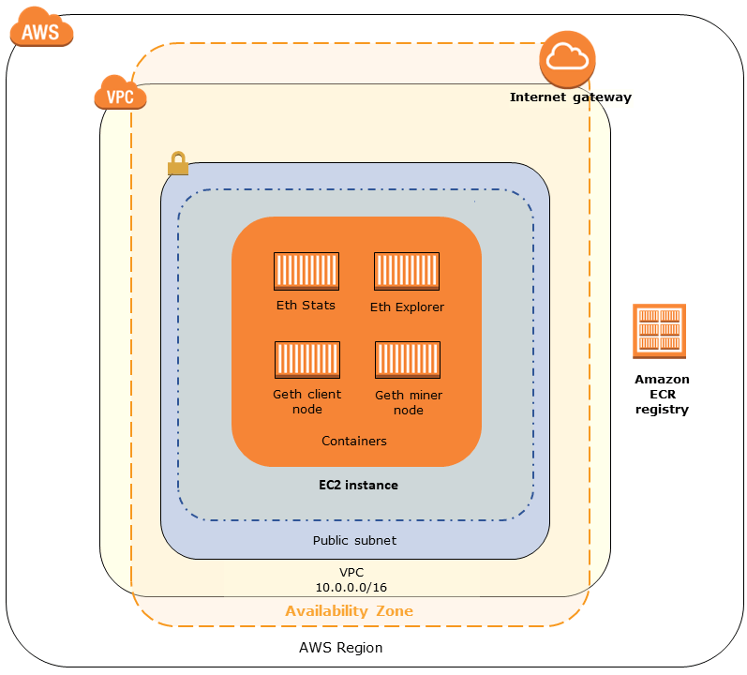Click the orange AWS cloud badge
pos(41,30)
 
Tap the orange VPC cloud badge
pos(114,93)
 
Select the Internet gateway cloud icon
pos(568,59)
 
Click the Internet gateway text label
pos(570,97)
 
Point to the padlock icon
pos(177,164)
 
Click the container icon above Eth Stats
pos(306,271)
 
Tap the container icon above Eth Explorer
pos(407,271)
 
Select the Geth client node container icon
pos(306,360)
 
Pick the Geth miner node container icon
pos(408,360)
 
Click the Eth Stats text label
pos(306,306)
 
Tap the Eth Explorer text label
pos(407,307)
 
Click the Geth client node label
pos(306,401)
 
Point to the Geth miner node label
pos(408,402)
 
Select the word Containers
pos(354,441)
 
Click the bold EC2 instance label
pos(358,486)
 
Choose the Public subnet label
pos(354,541)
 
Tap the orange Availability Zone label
pos(349,611)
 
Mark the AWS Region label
pos(340,648)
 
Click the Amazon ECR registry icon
pos(660,330)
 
